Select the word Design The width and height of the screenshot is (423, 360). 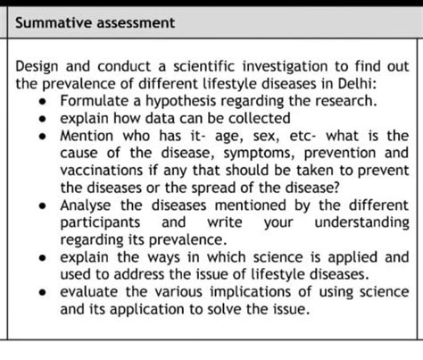pyautogui.click(x=38, y=67)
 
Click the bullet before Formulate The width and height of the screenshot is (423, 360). pyautogui.click(x=44, y=102)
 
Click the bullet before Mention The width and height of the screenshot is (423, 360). pyautogui.click(x=44, y=136)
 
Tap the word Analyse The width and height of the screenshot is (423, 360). pyautogui.click(x=87, y=204)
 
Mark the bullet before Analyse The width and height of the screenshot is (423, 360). pyautogui.click(x=44, y=205)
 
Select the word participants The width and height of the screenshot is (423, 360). pyautogui.click(x=100, y=222)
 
